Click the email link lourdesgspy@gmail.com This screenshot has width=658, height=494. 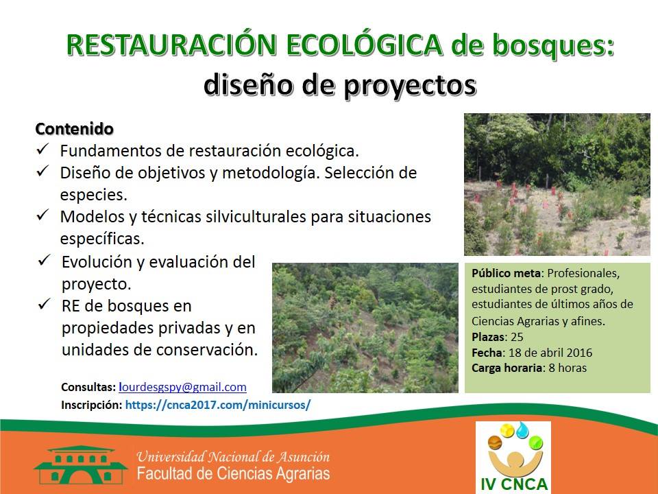tap(182, 387)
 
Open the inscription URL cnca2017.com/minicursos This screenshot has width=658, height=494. tap(218, 405)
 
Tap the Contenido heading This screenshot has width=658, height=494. tap(74, 129)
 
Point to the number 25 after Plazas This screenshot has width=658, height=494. tap(517, 337)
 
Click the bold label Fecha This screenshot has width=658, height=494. tap(487, 353)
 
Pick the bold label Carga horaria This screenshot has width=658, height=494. tap(507, 368)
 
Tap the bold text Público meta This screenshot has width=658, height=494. tap(506, 273)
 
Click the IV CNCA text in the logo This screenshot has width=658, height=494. tap(513, 484)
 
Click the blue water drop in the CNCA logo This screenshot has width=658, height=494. tap(522, 430)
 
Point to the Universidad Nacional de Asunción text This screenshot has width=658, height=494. tap(233, 457)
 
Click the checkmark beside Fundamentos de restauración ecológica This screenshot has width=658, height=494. tap(42, 149)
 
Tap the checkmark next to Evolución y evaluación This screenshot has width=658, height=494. tap(45, 260)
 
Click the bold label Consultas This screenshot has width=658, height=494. tap(88, 387)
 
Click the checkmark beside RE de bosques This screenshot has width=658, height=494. tap(45, 304)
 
